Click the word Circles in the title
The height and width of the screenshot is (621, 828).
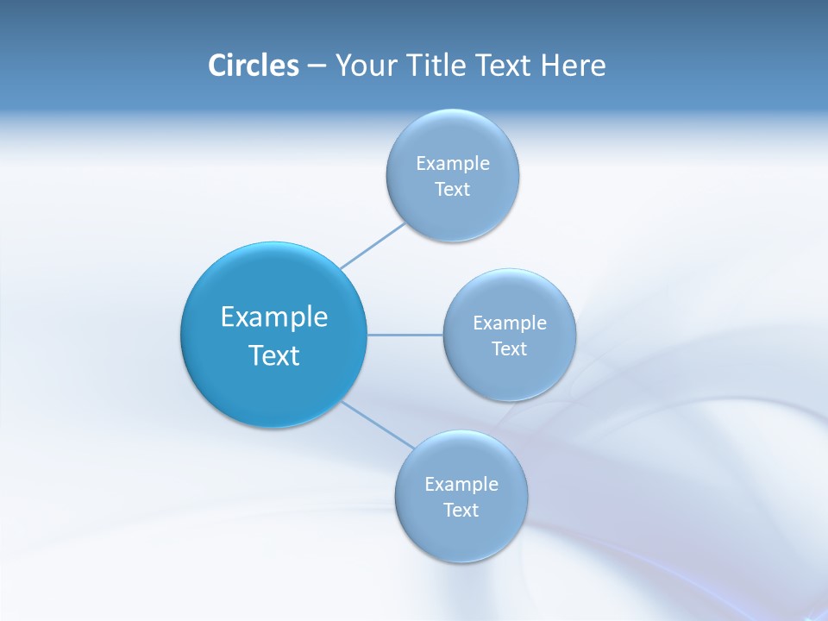pyautogui.click(x=253, y=66)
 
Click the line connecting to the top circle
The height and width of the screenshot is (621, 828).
pyautogui.click(x=373, y=246)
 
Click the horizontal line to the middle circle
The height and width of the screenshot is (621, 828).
pyautogui.click(x=405, y=335)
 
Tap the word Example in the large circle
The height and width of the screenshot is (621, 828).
pyautogui.click(x=274, y=317)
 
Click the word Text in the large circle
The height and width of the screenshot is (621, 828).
pyautogui.click(x=274, y=355)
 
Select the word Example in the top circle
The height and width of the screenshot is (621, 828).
pyautogui.click(x=453, y=164)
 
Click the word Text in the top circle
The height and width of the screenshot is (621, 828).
pyautogui.click(x=452, y=190)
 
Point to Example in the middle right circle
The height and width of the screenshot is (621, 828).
pyautogui.click(x=510, y=323)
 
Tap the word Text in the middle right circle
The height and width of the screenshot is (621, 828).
pyautogui.click(x=509, y=349)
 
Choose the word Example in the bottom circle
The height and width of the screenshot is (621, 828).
pyautogui.click(x=461, y=485)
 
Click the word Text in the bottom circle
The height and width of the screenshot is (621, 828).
pyautogui.click(x=461, y=511)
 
